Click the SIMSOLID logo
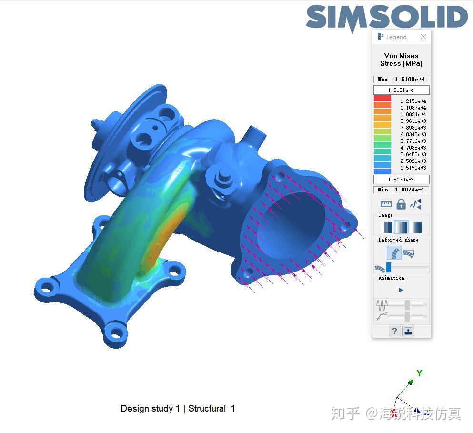(387, 18)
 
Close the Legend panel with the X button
(423, 37)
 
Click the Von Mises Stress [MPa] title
(401, 60)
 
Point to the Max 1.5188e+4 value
(401, 79)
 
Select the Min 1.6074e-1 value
(401, 190)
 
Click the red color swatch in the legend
(382, 99)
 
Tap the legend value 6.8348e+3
(413, 134)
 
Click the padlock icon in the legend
(401, 204)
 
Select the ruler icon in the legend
(386, 204)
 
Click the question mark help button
(394, 331)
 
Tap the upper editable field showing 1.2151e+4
(401, 90)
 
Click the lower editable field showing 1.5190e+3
(401, 180)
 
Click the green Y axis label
(419, 373)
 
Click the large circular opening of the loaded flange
(291, 224)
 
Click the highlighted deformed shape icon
(394, 253)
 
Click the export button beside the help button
(408, 331)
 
